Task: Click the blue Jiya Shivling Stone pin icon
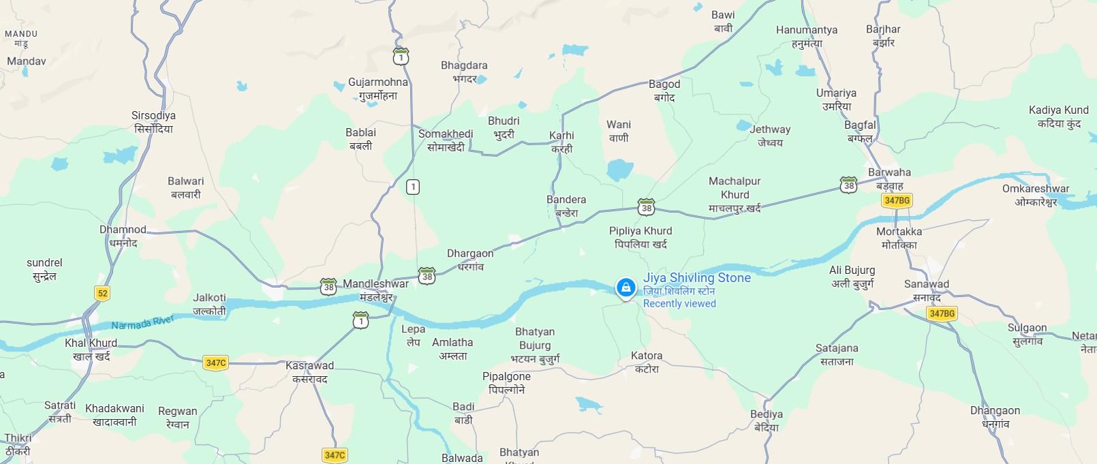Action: (x=625, y=288)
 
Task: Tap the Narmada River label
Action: (x=143, y=322)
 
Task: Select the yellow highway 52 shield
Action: (x=102, y=294)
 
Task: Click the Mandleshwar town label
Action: (x=376, y=284)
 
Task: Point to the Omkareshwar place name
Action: (x=1036, y=189)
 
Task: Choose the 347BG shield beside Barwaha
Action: (x=896, y=200)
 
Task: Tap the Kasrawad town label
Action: (x=309, y=366)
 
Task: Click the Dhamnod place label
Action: (x=123, y=230)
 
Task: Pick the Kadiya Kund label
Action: (x=1059, y=110)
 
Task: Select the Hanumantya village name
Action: (x=807, y=31)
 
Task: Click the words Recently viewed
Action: (x=679, y=304)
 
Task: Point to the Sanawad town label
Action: (x=926, y=284)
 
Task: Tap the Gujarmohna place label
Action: (x=378, y=82)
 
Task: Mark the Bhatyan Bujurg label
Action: (x=535, y=339)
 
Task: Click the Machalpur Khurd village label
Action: (x=735, y=187)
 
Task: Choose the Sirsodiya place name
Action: (x=153, y=116)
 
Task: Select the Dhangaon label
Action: (x=995, y=411)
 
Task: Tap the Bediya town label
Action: (x=767, y=414)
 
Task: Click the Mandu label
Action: (x=21, y=34)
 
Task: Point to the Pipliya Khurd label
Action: (x=640, y=231)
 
